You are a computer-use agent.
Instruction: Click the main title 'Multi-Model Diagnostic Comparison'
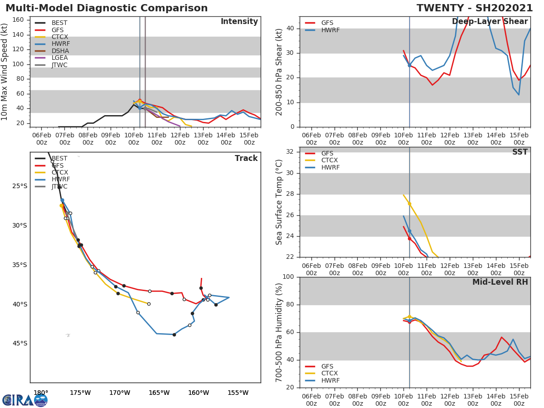click(x=107, y=8)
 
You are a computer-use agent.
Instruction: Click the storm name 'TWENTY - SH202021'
click(x=475, y=8)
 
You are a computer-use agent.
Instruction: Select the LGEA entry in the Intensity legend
click(x=59, y=58)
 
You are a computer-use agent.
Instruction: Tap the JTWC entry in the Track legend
click(x=59, y=187)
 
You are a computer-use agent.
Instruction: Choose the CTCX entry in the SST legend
click(x=329, y=160)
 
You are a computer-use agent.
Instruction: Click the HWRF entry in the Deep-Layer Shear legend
click(x=329, y=30)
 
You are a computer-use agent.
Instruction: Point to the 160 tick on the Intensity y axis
click(x=18, y=20)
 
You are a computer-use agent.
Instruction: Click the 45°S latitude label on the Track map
click(x=19, y=344)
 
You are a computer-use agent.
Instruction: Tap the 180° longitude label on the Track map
click(x=41, y=393)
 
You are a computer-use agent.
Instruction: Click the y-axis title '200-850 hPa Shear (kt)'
click(x=280, y=72)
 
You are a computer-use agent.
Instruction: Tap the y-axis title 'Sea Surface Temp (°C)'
click(x=280, y=202)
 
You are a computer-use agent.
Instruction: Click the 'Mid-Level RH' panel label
click(x=500, y=282)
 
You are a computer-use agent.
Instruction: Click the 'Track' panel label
click(x=246, y=158)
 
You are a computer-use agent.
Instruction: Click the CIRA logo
click(x=25, y=400)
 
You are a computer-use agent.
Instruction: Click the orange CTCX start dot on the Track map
click(x=61, y=205)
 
